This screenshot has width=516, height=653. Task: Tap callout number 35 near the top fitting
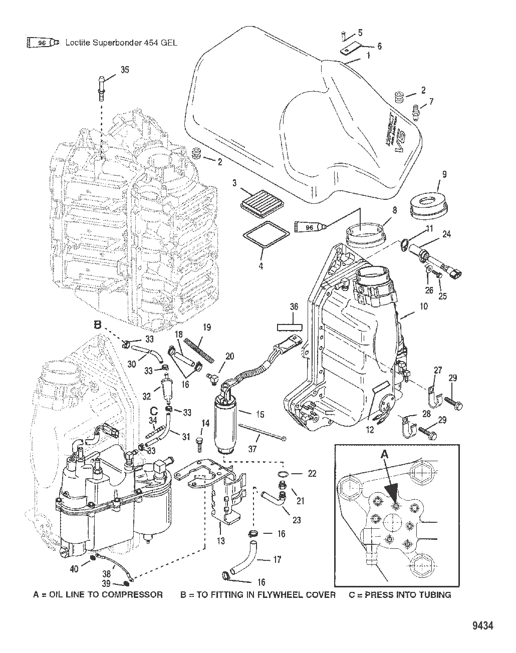(x=125, y=70)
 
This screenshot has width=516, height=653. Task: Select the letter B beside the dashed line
(x=98, y=325)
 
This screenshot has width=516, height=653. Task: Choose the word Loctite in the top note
(x=80, y=43)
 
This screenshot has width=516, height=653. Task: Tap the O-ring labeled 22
(x=284, y=474)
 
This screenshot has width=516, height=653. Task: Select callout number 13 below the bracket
(x=220, y=541)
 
